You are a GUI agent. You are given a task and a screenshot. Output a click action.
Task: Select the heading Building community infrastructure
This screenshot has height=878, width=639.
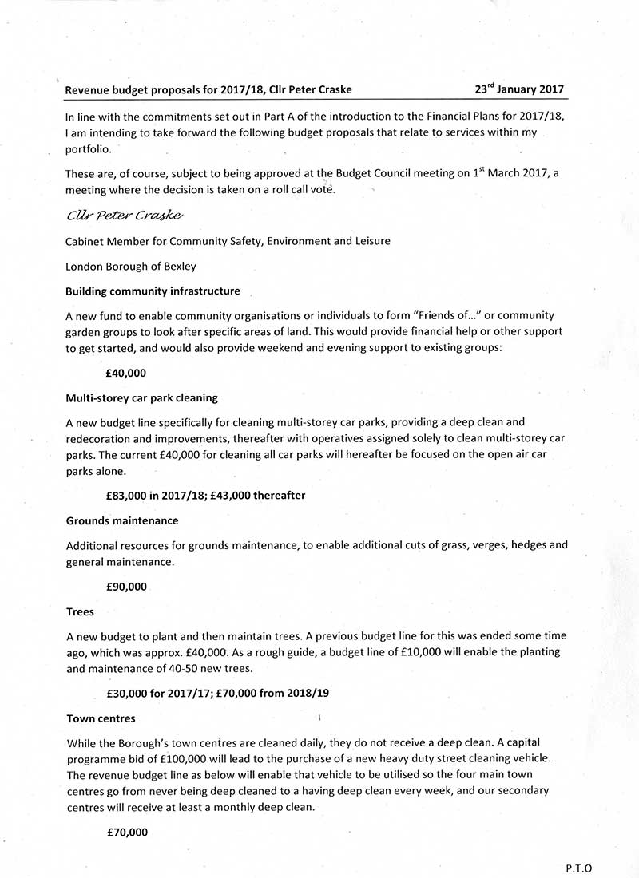[153, 291]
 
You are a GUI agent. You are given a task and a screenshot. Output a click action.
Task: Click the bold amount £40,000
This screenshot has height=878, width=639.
[126, 372]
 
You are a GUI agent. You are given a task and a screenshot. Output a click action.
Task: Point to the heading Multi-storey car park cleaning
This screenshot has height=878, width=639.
[142, 397]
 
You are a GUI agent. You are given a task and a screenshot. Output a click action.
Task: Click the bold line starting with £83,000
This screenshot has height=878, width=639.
[205, 495]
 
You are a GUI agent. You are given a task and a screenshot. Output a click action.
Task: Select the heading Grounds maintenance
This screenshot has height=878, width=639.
[122, 520]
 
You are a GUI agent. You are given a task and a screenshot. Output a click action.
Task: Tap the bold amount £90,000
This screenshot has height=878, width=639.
[126, 587]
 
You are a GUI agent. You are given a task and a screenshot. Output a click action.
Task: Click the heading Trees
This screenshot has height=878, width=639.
[80, 611]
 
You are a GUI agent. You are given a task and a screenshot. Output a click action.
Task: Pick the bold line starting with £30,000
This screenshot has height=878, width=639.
[217, 694]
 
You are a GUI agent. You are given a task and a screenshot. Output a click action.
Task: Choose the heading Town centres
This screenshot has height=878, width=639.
[101, 718]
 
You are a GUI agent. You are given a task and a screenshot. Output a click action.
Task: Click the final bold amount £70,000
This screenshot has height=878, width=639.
[127, 833]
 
